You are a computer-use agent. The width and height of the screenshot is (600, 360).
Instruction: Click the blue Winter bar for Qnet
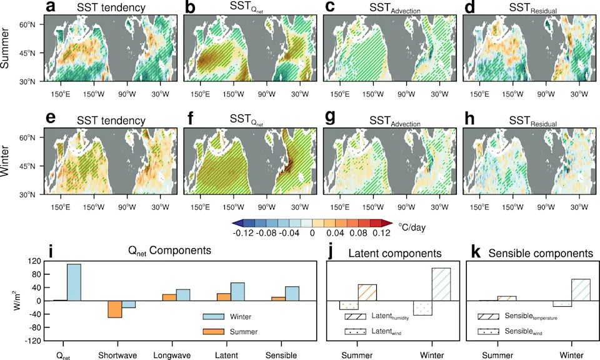point(74,282)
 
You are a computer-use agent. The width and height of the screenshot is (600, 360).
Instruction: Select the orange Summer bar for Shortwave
point(114,309)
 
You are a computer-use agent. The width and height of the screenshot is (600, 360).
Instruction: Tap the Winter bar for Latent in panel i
point(237,292)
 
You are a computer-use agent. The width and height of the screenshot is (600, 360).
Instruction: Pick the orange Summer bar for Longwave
point(169,297)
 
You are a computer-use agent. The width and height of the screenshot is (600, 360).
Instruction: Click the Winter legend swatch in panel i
point(213,317)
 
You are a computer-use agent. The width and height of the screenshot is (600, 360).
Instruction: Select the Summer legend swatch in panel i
point(213,332)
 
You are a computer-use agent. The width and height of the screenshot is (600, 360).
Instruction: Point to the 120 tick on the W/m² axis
point(34,261)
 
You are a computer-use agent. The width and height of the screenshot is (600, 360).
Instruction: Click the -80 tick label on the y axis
point(34,327)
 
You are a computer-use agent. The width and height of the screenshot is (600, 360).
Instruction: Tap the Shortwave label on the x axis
point(117,356)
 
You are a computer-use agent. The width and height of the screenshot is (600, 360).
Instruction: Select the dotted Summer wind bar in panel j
point(349,305)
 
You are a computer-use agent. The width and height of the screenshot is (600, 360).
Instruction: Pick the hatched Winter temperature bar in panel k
point(581,290)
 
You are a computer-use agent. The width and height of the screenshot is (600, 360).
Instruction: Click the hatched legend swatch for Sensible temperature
point(488,317)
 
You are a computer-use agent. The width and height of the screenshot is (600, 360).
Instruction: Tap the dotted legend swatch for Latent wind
point(356,332)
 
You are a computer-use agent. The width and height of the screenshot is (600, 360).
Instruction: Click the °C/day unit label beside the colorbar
point(412,227)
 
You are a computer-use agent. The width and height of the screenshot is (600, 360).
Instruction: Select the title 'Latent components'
point(395,253)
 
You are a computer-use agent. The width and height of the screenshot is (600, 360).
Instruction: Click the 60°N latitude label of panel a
point(27,24)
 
